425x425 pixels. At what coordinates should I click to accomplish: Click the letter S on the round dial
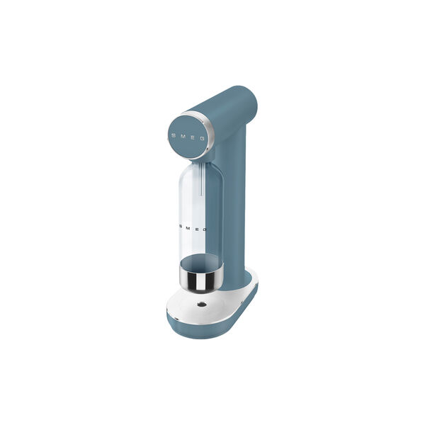(x=174, y=135)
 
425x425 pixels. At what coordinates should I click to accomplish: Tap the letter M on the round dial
(x=183, y=136)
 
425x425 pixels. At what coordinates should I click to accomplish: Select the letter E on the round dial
(x=193, y=137)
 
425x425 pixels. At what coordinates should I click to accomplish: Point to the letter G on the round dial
(x=202, y=139)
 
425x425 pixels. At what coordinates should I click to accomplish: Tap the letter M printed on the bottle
(x=188, y=228)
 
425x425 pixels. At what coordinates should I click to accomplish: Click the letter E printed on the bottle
(x=197, y=229)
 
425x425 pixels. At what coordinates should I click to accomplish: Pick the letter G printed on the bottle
(x=205, y=229)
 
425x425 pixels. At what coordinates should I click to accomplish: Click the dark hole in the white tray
(x=202, y=305)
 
